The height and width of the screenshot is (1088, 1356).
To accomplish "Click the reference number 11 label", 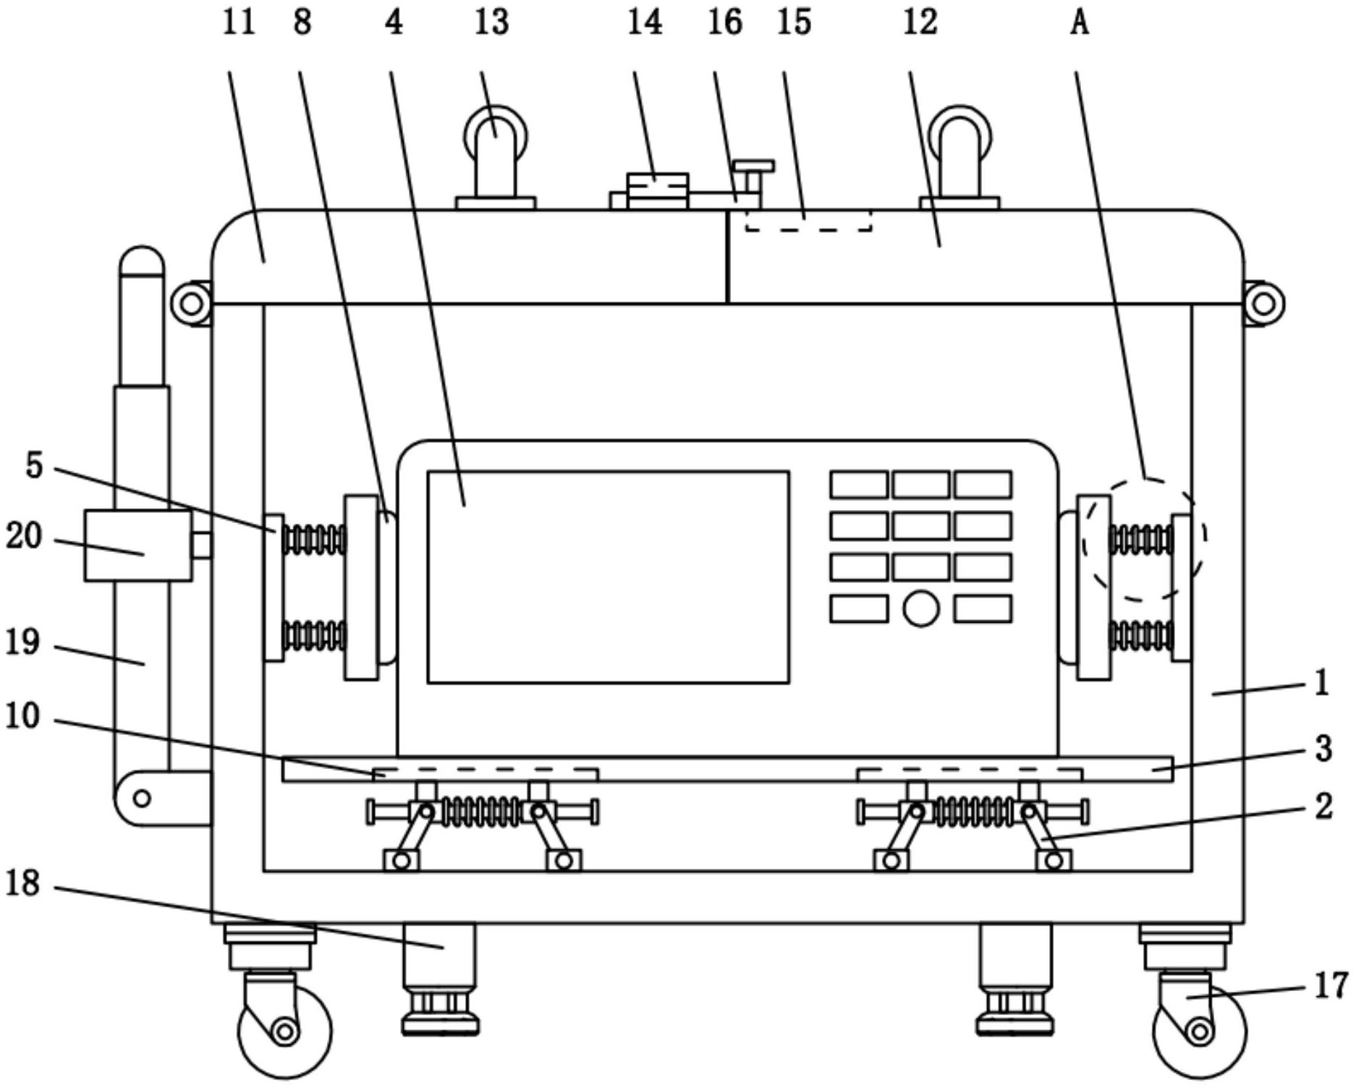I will (239, 22).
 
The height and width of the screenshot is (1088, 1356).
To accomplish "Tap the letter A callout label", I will (1079, 22).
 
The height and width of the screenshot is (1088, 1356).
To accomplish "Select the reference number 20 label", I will (24, 537).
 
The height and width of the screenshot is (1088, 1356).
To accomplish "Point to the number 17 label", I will (1331, 985).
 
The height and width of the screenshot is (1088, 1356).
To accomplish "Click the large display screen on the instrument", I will (608, 577).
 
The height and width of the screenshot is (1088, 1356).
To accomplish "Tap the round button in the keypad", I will (921, 608).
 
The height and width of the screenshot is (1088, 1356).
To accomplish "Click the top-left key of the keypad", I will (859, 485).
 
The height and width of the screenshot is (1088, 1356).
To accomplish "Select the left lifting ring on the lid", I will (496, 137).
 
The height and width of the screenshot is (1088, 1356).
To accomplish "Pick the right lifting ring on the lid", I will (960, 137).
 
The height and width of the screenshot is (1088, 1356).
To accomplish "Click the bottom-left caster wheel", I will (284, 1031).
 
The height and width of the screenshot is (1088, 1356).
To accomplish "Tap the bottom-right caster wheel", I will (1199, 1031).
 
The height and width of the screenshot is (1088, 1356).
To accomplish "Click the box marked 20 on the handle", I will (138, 545).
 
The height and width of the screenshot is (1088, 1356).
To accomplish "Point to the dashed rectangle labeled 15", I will (808, 220).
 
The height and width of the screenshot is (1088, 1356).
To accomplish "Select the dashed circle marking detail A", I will (1143, 538).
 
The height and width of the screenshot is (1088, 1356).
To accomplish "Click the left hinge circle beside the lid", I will (192, 303).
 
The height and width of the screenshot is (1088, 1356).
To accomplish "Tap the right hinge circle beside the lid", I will (1263, 303).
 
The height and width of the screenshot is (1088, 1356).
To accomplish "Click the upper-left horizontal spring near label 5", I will (314, 539).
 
